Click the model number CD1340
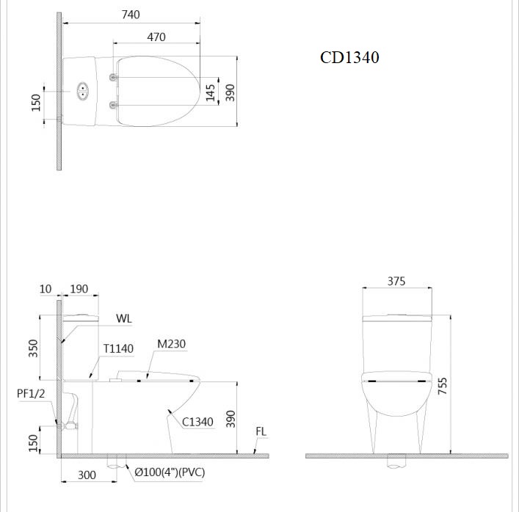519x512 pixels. pyautogui.click(x=349, y=58)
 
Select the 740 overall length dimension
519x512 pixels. pyautogui.click(x=131, y=14)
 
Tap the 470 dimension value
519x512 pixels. pyautogui.click(x=156, y=37)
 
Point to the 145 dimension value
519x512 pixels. pyautogui.click(x=211, y=92)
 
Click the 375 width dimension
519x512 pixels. pyautogui.click(x=396, y=281)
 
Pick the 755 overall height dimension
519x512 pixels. pyautogui.click(x=442, y=387)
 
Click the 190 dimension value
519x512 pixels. pyautogui.click(x=79, y=289)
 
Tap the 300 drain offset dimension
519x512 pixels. pyautogui.click(x=87, y=475)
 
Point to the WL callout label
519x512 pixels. pyautogui.click(x=124, y=319)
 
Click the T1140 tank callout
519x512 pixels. pyautogui.click(x=118, y=349)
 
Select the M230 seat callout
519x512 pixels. pyautogui.click(x=171, y=345)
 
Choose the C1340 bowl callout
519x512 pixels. pyautogui.click(x=197, y=422)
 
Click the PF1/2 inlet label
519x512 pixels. pyautogui.click(x=31, y=394)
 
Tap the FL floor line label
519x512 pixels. pyautogui.click(x=261, y=432)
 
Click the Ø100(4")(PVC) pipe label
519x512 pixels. pyautogui.click(x=170, y=472)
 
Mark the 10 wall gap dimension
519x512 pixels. pyautogui.click(x=46, y=289)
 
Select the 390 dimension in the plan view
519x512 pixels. pyautogui.click(x=230, y=92)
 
